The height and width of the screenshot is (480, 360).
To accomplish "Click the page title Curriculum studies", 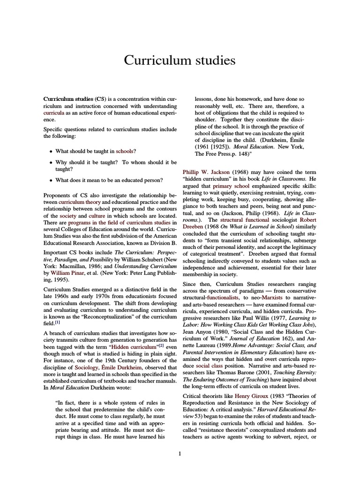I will tap(180, 60).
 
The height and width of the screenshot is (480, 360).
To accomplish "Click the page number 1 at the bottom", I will tap(180, 453).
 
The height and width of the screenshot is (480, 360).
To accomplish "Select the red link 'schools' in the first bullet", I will tap(124, 151).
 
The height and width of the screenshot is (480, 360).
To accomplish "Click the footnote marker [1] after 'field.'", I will tap(57, 323).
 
